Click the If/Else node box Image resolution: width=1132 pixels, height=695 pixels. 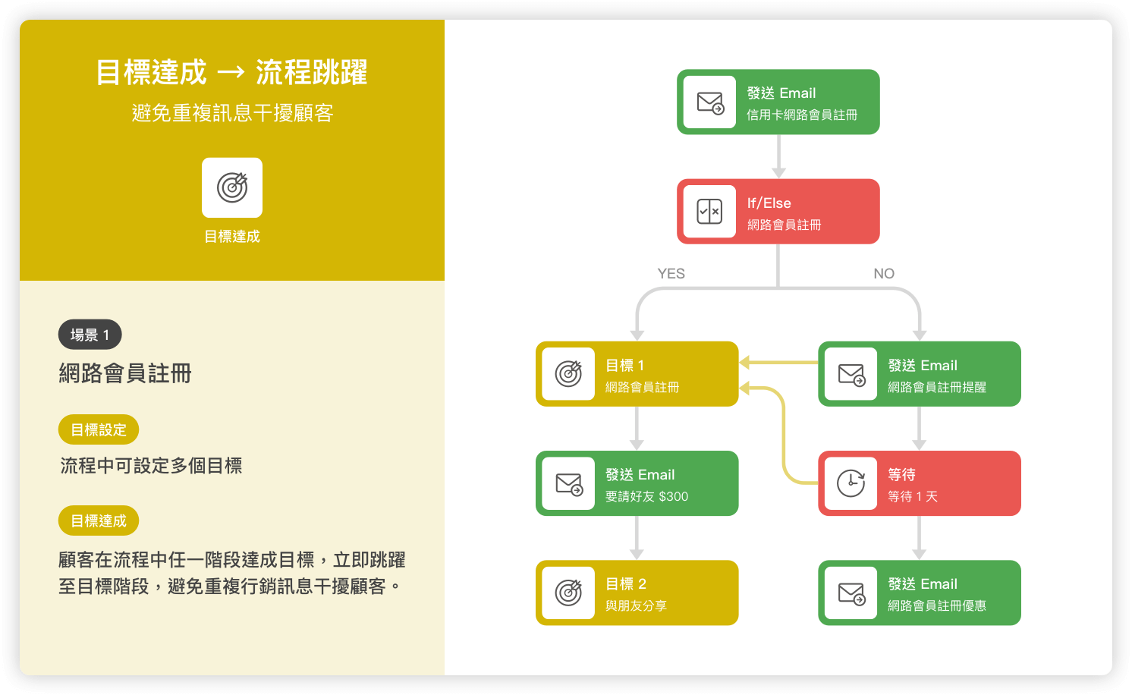pyautogui.click(x=778, y=211)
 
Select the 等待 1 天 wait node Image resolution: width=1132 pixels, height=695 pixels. pyautogui.click(x=920, y=483)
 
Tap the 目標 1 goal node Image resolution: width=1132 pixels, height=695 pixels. pyautogui.click(x=637, y=374)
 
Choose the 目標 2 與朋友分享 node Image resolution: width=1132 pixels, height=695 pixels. pyautogui.click(x=637, y=593)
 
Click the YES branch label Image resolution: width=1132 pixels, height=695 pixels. pyautogui.click(x=671, y=273)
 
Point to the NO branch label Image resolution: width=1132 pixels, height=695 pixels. pyautogui.click(x=884, y=273)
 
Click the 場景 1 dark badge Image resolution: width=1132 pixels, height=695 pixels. pyautogui.click(x=90, y=335)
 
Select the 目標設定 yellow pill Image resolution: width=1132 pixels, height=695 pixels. pyautogui.click(x=99, y=429)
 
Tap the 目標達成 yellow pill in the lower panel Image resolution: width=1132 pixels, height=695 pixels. pyautogui.click(x=99, y=520)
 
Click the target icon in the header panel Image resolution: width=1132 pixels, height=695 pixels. pyautogui.click(x=232, y=187)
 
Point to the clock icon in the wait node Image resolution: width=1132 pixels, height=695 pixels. pyautogui.click(x=851, y=483)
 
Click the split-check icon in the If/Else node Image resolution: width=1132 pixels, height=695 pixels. pyautogui.click(x=709, y=211)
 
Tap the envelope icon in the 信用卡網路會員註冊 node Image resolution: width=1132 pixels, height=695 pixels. pyautogui.click(x=709, y=102)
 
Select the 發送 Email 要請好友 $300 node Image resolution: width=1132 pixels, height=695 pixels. pyautogui.click(x=637, y=483)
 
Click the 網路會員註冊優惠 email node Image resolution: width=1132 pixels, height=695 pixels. pyautogui.click(x=920, y=593)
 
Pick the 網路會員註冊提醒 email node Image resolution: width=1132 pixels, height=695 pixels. pyautogui.click(x=920, y=374)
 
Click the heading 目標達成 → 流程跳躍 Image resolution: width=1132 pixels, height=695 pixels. pyautogui.click(x=232, y=72)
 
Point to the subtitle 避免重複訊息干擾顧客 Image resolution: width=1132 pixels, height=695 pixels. pyautogui.click(x=232, y=113)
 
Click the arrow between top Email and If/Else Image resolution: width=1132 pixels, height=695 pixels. pyautogui.click(x=778, y=157)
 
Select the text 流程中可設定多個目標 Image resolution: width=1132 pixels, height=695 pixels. pyautogui.click(x=150, y=466)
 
